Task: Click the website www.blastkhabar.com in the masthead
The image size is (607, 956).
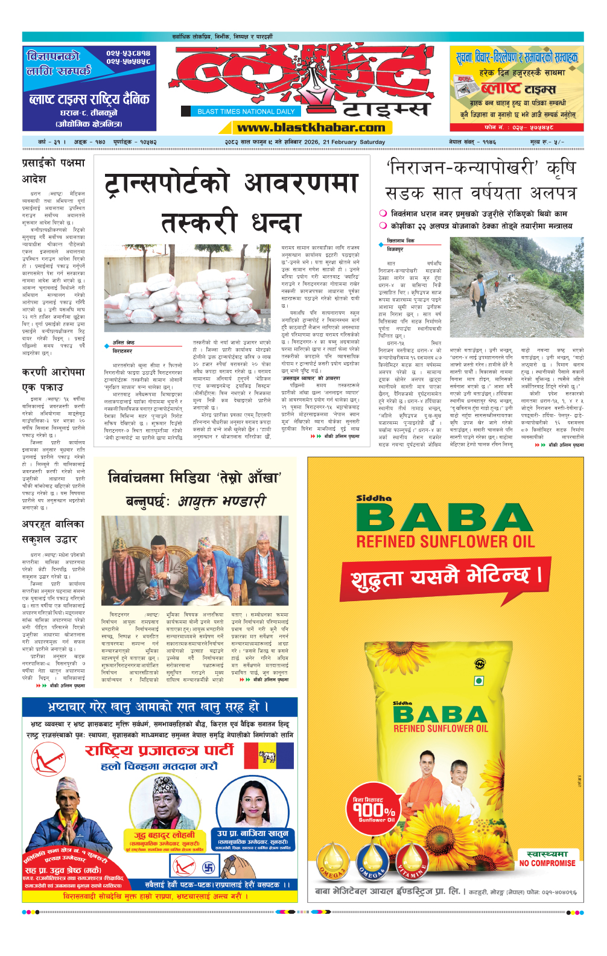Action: (x=311, y=127)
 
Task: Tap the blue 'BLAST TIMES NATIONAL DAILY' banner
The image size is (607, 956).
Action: (x=246, y=112)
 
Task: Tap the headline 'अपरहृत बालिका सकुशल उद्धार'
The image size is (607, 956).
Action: (x=52, y=532)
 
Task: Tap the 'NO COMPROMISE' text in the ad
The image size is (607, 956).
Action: (x=547, y=863)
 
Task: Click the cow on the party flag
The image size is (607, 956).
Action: (x=267, y=757)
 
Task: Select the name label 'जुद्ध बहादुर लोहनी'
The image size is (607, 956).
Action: (x=164, y=835)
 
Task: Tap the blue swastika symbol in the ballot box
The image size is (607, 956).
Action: (x=209, y=868)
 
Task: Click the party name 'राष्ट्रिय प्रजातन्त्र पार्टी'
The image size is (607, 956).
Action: (x=159, y=750)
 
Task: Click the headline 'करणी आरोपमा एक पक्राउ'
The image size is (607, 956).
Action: (x=53, y=380)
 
